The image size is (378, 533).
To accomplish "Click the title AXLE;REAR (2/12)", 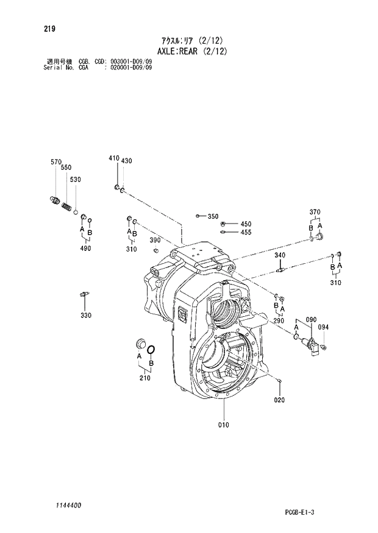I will [x=190, y=51].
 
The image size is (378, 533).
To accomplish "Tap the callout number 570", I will [x=55, y=161].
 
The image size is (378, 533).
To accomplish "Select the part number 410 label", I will [x=113, y=158].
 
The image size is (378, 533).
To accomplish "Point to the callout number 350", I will [x=213, y=216].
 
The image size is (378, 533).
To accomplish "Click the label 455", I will [x=246, y=232].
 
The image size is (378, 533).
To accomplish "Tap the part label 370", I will [x=315, y=212].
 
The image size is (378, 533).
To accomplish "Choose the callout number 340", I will [x=280, y=255].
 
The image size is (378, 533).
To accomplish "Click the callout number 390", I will [x=155, y=240].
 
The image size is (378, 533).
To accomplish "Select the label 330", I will [x=85, y=315].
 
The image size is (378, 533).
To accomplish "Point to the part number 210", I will [x=144, y=378].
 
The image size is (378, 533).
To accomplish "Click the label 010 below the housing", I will [x=224, y=425].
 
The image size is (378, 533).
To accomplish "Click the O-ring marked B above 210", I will [x=152, y=350].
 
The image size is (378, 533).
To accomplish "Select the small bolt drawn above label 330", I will [x=85, y=295].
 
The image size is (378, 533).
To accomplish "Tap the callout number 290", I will [x=279, y=320].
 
